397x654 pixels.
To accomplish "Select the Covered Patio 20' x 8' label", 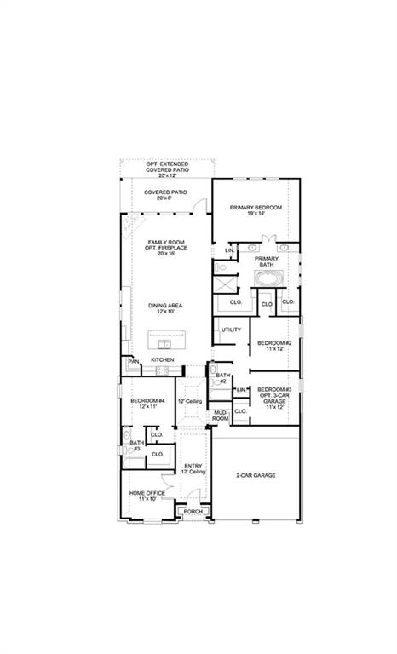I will click(x=165, y=196).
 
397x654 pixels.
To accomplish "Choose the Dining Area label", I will click(x=165, y=308).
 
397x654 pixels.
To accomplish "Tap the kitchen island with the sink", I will click(x=166, y=341).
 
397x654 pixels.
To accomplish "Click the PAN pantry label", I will click(x=133, y=361).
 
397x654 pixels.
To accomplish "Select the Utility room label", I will click(x=231, y=330).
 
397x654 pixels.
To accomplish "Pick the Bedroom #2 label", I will click(x=274, y=346).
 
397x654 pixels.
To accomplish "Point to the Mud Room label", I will click(x=220, y=416).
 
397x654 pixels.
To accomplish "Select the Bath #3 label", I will click(x=136, y=445).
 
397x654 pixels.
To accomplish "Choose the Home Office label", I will click(x=147, y=496).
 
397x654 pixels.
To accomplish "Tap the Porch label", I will click(x=193, y=512).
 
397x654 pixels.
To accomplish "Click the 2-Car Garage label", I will click(x=256, y=475).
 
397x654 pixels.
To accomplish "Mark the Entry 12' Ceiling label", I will click(x=193, y=468).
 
